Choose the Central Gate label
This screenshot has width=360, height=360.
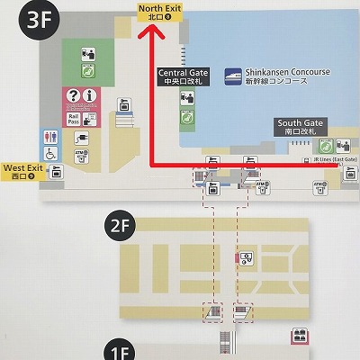pyautogui.click(x=183, y=76)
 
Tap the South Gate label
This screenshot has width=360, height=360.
pyautogui.click(x=301, y=127)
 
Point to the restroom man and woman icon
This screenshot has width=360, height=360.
pyautogui.click(x=52, y=138)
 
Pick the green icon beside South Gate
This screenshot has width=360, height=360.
pyautogui.click(x=328, y=145)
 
